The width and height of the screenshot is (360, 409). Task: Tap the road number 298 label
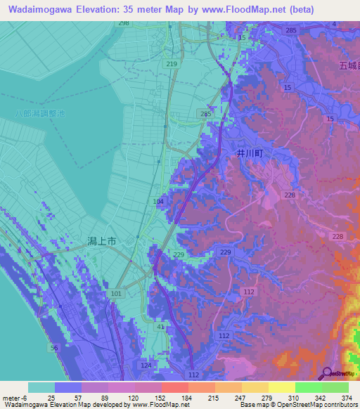tap(124, 23)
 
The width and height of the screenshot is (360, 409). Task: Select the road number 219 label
tap(172, 64)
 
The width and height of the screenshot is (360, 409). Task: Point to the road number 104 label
tap(158, 202)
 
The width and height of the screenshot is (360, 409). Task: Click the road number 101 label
tap(116, 293)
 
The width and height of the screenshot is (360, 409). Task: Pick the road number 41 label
tap(161, 327)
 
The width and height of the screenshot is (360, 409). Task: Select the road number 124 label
tap(146, 365)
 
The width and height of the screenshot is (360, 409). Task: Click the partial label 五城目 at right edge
tap(347, 66)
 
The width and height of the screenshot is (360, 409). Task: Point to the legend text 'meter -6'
tap(14, 398)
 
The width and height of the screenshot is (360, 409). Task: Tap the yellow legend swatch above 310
tap(282, 387)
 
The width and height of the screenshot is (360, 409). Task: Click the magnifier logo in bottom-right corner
tap(327, 373)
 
